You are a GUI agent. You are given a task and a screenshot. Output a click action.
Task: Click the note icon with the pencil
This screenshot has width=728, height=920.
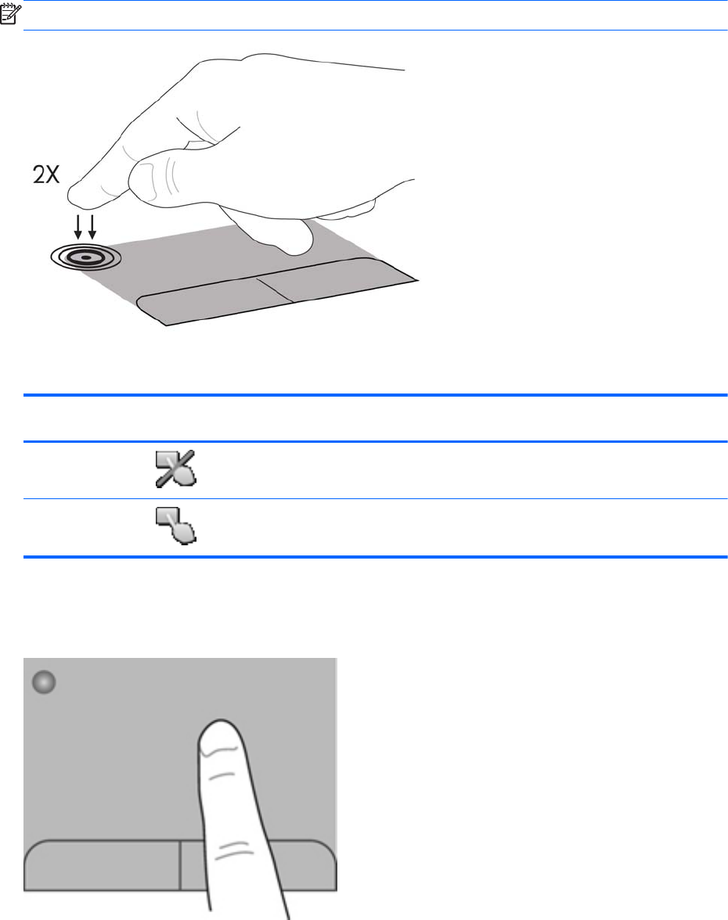[11, 13]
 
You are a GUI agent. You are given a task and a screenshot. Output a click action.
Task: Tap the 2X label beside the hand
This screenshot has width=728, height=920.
[46, 174]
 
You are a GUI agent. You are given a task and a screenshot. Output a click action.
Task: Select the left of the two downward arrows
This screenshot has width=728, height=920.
[78, 227]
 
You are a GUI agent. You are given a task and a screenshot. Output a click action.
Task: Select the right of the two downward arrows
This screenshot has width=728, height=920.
[92, 227]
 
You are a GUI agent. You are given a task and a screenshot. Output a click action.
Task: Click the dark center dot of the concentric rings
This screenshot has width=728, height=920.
[86, 257]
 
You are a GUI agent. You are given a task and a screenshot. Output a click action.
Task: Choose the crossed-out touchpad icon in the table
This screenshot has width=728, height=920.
[175, 469]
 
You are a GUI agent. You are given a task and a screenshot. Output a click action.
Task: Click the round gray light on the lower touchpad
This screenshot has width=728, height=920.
[44, 682]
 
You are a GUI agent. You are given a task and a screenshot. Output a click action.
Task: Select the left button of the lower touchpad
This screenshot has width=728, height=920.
[102, 865]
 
